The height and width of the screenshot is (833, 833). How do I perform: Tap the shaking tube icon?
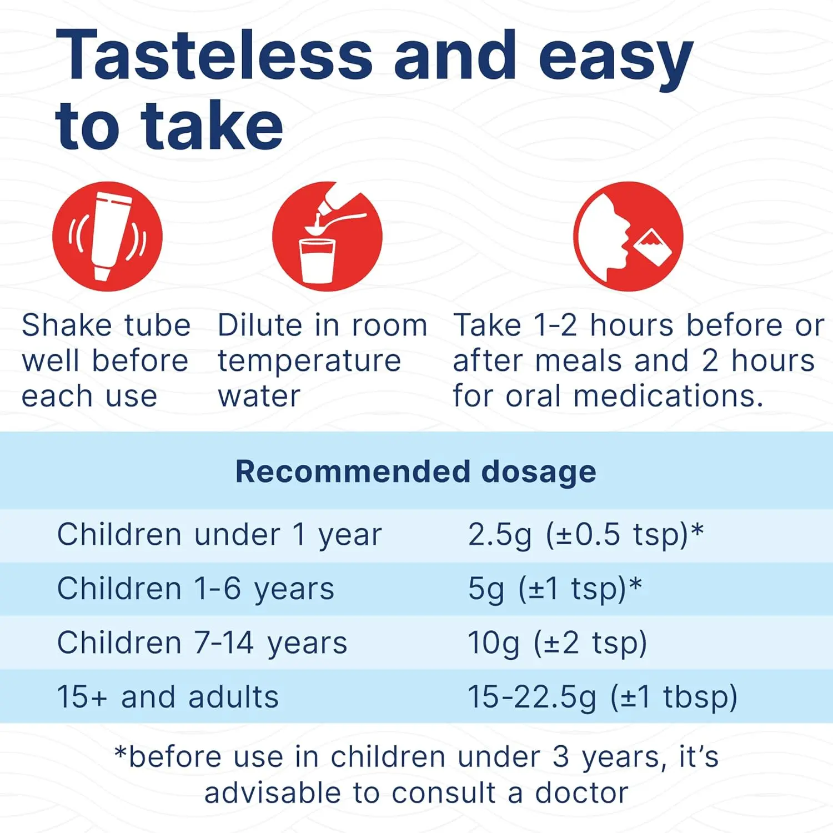click(x=107, y=236)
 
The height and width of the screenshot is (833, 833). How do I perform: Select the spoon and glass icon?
click(x=327, y=236)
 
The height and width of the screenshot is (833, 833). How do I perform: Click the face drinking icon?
click(x=628, y=236)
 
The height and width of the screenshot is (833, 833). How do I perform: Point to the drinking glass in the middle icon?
click(x=317, y=260)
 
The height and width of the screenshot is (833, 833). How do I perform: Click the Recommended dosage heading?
click(x=416, y=471)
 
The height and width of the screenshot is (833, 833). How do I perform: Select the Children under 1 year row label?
click(x=219, y=535)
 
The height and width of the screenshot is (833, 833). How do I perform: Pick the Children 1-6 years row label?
click(x=195, y=589)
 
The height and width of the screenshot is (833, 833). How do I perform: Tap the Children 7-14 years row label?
click(x=202, y=643)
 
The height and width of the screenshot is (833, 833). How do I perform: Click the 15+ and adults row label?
click(x=168, y=697)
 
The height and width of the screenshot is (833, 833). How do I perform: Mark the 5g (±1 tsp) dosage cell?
click(x=555, y=589)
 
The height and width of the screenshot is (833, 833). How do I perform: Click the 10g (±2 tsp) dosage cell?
click(x=558, y=643)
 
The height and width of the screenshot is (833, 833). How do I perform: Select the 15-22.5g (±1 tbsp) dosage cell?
click(x=603, y=697)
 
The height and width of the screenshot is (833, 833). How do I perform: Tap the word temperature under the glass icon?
click(x=309, y=362)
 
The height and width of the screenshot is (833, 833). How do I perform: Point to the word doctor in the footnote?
click(x=581, y=793)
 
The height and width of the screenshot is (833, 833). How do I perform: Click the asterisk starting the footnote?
click(x=120, y=753)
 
